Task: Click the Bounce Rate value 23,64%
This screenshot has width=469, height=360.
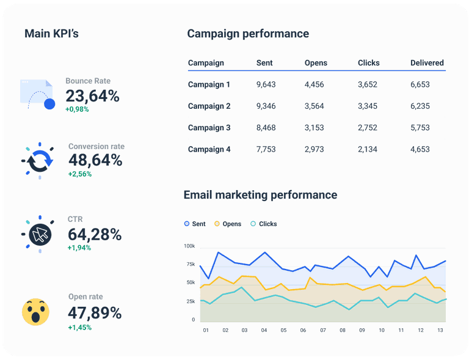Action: coord(92,96)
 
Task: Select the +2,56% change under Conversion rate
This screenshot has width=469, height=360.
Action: coord(80,174)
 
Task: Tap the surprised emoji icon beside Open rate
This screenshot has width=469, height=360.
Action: coord(35,312)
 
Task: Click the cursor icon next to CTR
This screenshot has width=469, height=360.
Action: coord(40,234)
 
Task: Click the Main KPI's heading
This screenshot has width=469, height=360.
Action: coord(51,34)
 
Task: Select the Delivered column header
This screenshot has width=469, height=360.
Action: coord(427,63)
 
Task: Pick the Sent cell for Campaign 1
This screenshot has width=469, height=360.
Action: coord(266,85)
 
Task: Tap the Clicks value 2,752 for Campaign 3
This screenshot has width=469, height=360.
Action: coord(368,128)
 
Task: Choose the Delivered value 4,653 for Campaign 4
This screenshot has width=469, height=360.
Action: coord(420,149)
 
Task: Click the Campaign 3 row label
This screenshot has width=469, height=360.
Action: coord(209,128)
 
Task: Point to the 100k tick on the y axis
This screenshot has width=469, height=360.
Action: coord(189,246)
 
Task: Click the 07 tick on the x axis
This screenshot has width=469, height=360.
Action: coord(322,330)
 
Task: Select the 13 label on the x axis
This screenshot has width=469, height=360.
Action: coord(440,330)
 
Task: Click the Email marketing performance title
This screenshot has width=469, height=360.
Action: coord(260,195)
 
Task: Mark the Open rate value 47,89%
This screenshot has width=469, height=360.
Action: coord(95,314)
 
